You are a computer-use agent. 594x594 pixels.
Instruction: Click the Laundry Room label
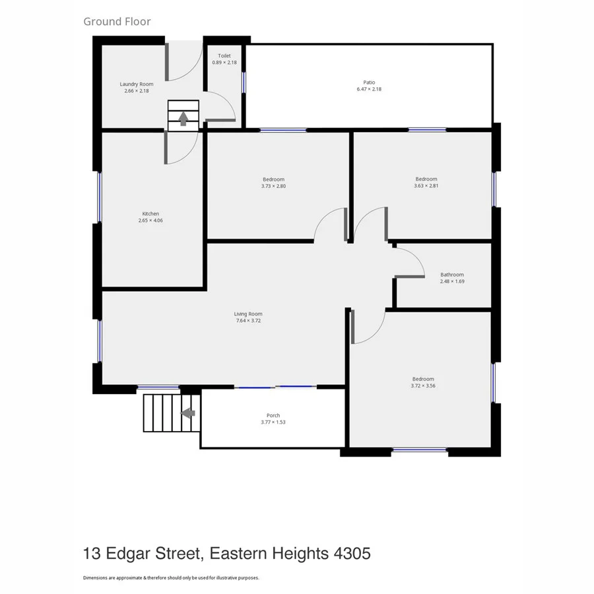point(137,84)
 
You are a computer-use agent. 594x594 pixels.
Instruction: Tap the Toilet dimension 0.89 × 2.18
point(224,63)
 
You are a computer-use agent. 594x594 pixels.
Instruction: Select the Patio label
point(369,82)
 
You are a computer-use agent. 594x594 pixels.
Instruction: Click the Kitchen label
point(150,213)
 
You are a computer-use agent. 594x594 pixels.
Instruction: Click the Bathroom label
point(452,275)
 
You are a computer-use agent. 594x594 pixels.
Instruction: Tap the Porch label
point(273,415)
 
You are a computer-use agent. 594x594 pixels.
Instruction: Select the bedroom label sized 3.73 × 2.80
point(273,180)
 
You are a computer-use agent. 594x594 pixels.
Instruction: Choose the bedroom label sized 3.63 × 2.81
point(426,179)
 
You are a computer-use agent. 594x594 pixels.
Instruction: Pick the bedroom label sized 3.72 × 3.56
point(423,378)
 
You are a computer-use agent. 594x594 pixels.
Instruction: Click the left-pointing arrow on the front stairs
point(188,413)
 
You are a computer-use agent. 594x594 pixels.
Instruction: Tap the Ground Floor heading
point(117,21)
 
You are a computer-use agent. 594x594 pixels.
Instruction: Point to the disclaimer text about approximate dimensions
point(171,577)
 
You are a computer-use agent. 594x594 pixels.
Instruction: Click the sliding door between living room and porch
point(276,387)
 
